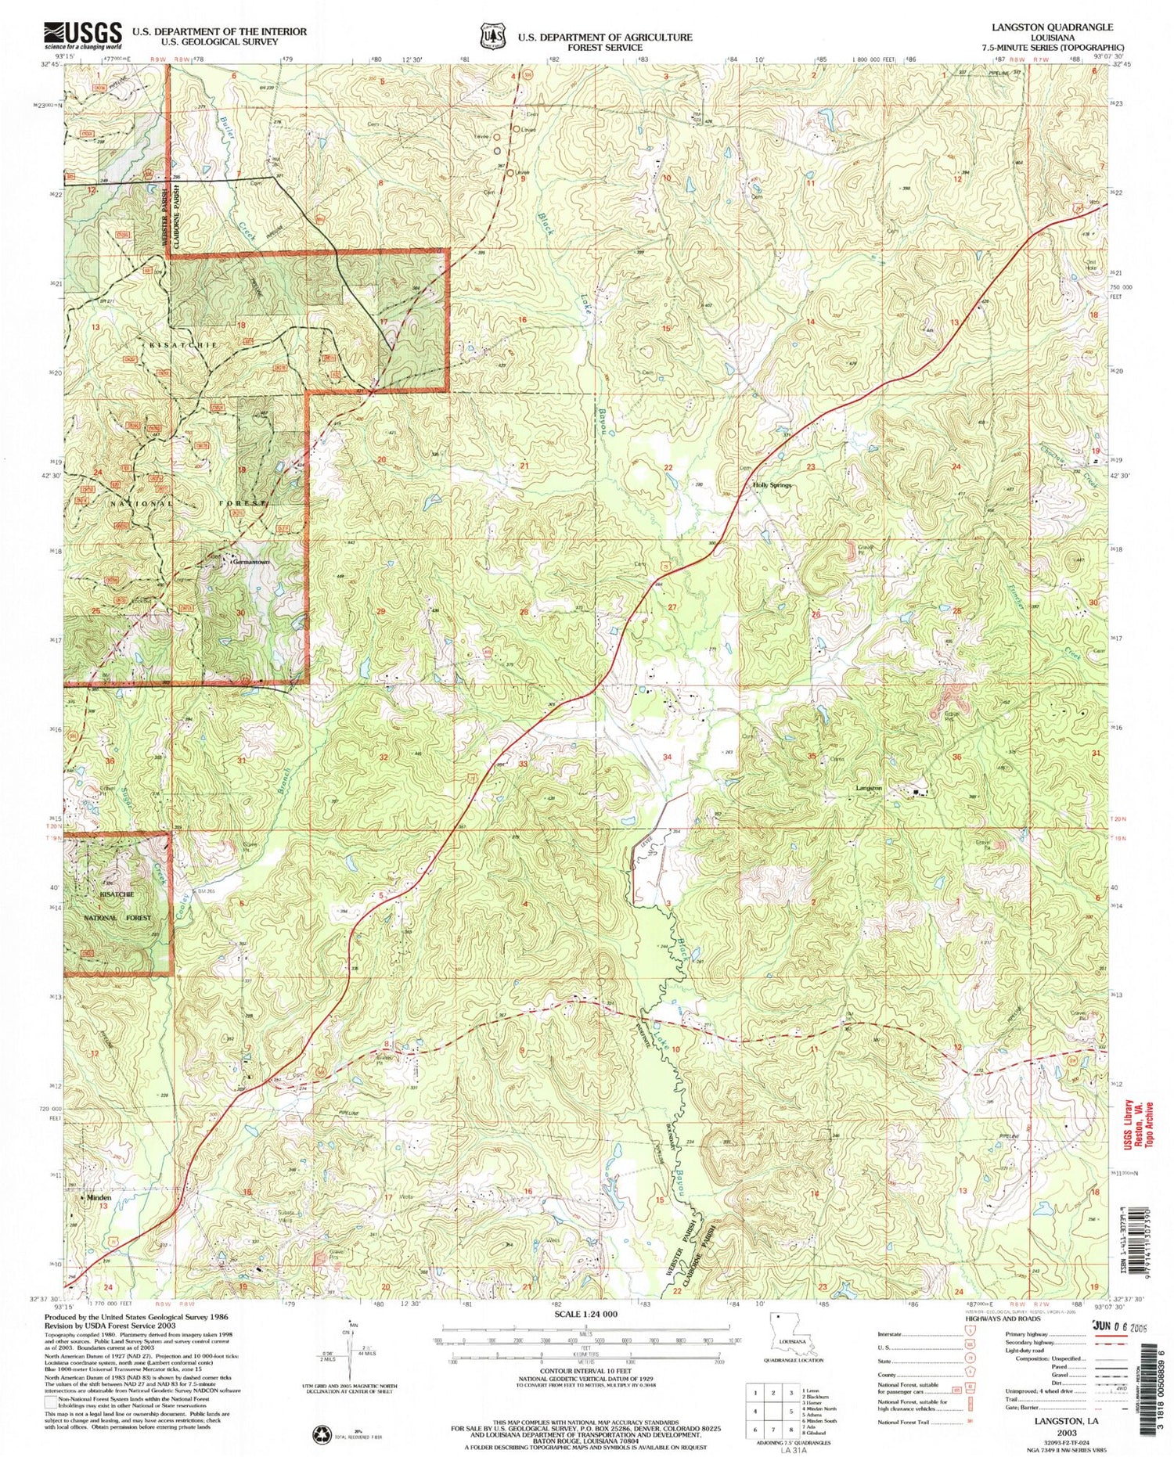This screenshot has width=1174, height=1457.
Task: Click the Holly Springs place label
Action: tap(772, 485)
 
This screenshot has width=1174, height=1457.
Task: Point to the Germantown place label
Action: tap(250, 561)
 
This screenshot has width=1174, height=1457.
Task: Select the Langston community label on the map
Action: tap(868, 788)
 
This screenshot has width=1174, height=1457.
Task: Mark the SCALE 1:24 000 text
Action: tap(586, 1314)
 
